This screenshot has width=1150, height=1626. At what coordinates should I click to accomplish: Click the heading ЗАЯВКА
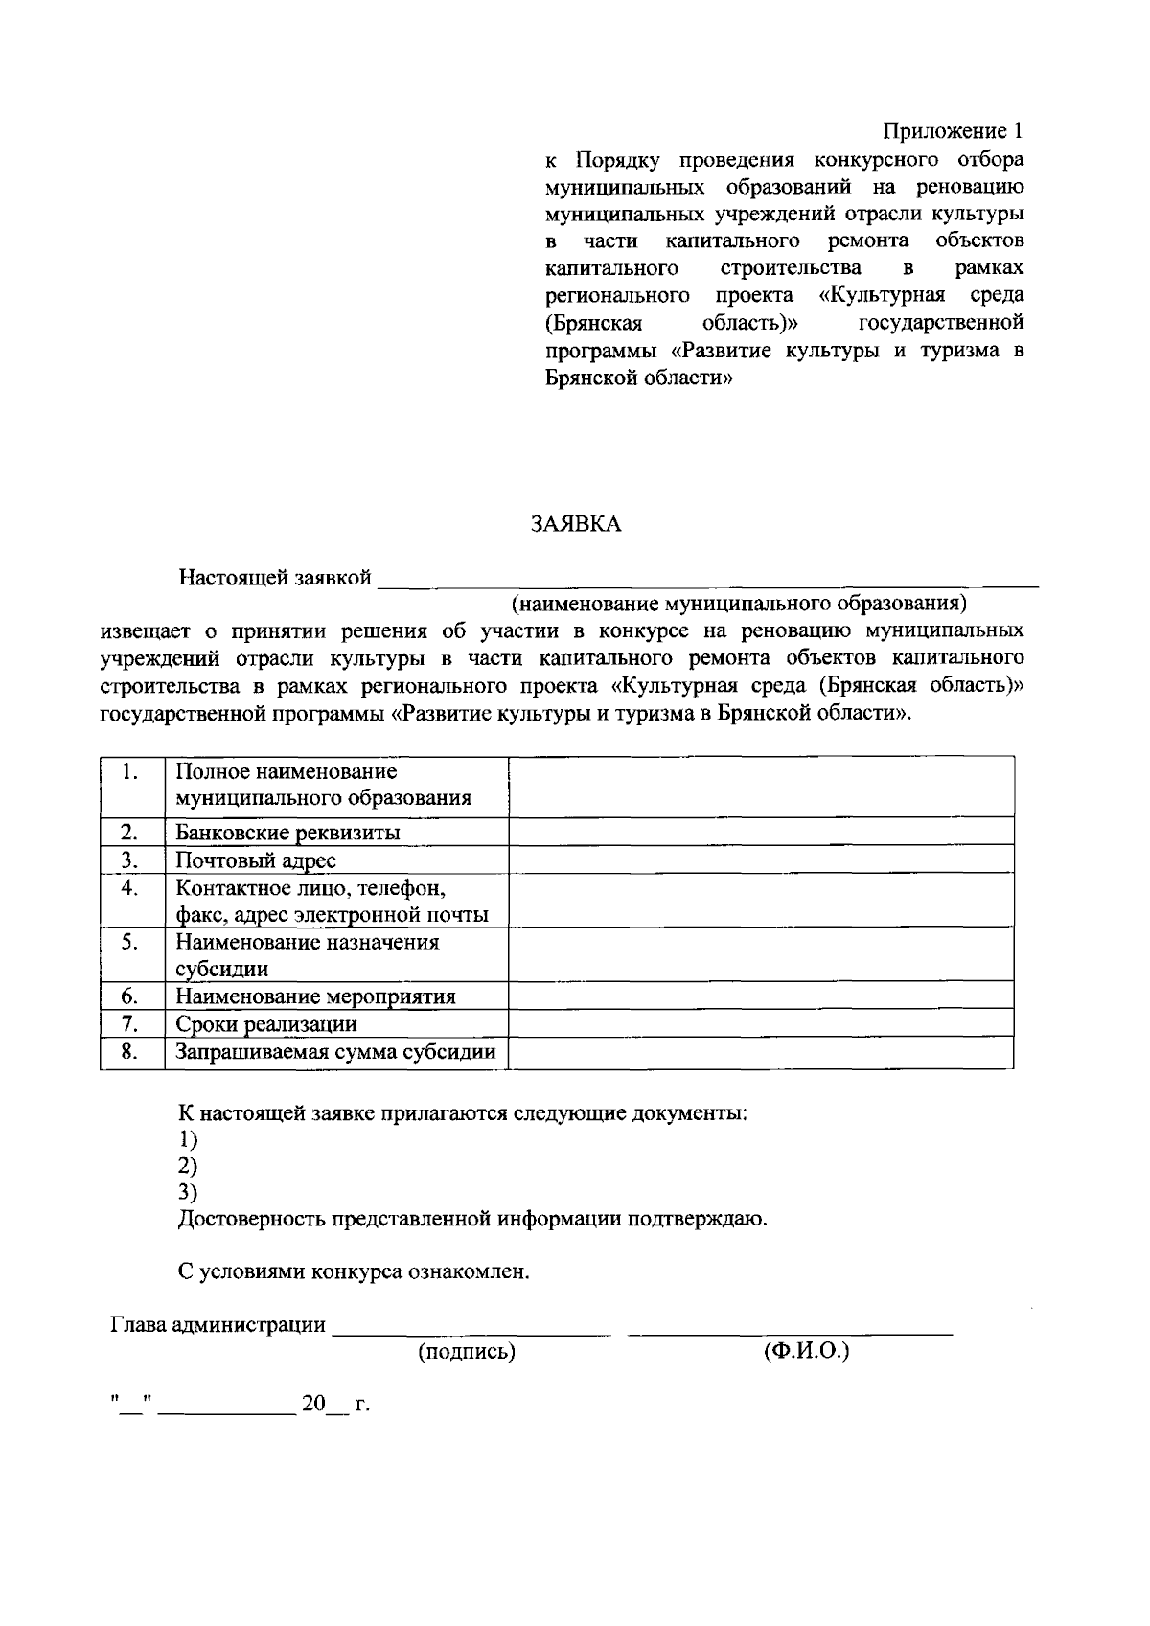pos(576,524)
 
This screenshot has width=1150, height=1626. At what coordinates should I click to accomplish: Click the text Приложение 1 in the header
pos(954,131)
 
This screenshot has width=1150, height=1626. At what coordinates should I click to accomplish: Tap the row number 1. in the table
pos(132,772)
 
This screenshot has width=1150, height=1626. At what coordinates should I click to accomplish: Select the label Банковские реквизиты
pos(287,832)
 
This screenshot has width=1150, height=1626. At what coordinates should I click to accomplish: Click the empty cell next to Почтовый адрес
pos(760,859)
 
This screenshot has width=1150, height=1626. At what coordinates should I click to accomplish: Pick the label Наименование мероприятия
pos(315,996)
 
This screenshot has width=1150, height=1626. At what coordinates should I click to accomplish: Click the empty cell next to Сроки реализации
pos(760,1023)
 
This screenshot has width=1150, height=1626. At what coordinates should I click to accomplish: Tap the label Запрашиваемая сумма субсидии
pos(335,1053)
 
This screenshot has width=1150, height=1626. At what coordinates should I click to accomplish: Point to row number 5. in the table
pos(132,942)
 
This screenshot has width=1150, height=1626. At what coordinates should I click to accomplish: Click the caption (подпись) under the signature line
pos(467,1352)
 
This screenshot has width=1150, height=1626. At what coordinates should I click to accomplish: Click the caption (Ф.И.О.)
pos(807,1351)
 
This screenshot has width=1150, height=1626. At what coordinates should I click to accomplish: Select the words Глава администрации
pos(218,1325)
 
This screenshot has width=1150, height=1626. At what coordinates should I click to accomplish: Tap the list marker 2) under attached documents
pos(188,1166)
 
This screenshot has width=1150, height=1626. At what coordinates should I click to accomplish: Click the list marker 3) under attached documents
pos(188,1193)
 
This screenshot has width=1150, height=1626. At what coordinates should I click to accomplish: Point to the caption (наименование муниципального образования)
pos(739,604)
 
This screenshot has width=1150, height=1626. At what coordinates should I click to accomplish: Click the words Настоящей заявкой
pos(275,578)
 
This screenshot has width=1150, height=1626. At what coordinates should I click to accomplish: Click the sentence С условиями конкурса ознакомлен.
pos(355,1272)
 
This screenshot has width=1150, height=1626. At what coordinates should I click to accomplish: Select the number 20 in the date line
pos(313,1405)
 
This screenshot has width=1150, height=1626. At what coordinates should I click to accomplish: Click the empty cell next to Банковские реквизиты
pos(760,831)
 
